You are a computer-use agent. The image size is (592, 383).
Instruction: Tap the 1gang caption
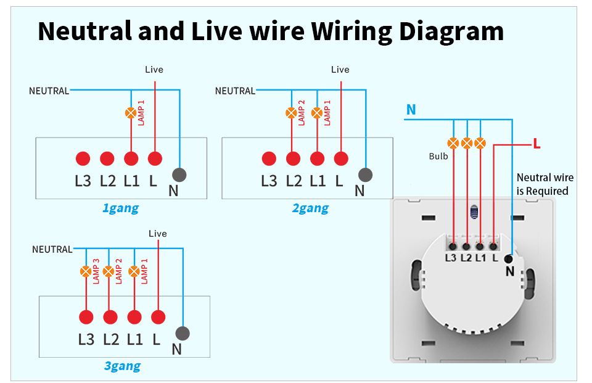click(x=120, y=208)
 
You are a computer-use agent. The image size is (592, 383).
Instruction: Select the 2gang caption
click(x=310, y=208)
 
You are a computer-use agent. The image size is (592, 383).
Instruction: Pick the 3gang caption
click(x=122, y=366)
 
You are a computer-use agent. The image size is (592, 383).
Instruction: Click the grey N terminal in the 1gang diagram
click(x=179, y=174)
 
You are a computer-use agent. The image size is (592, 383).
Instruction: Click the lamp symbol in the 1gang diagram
click(x=131, y=113)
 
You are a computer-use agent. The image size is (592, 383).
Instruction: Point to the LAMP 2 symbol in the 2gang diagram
click(x=291, y=113)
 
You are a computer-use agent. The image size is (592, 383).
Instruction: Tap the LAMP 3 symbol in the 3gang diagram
click(x=86, y=271)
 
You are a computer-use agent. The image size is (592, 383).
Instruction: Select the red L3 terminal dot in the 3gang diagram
click(x=86, y=317)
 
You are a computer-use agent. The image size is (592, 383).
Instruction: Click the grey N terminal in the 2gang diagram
click(x=365, y=174)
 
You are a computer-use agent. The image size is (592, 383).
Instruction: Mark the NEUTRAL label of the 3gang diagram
click(x=52, y=249)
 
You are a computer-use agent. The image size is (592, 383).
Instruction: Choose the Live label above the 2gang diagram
click(x=340, y=70)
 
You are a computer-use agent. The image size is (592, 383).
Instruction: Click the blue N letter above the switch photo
click(x=411, y=110)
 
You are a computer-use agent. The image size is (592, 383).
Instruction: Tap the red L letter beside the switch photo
click(x=536, y=144)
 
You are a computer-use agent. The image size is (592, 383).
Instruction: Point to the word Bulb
click(x=438, y=157)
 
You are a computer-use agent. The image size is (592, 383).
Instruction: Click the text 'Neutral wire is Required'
click(x=545, y=184)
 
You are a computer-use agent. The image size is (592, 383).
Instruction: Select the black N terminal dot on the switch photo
click(x=508, y=259)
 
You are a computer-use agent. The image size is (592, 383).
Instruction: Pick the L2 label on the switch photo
click(x=466, y=258)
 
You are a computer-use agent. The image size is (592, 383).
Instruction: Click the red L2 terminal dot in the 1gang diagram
click(x=107, y=159)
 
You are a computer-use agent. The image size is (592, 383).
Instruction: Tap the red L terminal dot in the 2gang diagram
click(x=341, y=159)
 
